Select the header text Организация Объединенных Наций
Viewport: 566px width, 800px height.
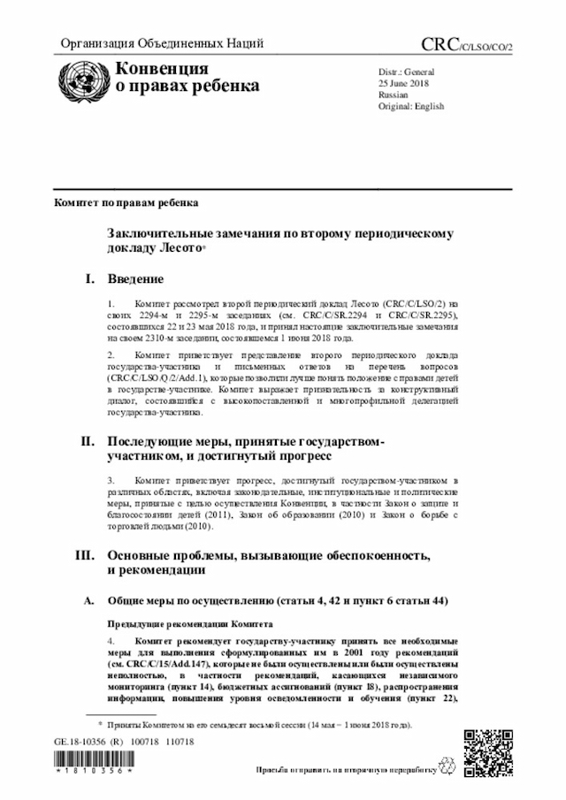click(x=161, y=45)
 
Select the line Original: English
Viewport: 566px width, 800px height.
click(x=411, y=106)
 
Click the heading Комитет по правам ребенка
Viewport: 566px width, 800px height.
click(x=126, y=202)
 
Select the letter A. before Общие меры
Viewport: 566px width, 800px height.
click(x=88, y=601)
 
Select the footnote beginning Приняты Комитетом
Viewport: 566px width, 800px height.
click(x=257, y=725)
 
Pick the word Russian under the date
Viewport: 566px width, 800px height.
click(x=393, y=94)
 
